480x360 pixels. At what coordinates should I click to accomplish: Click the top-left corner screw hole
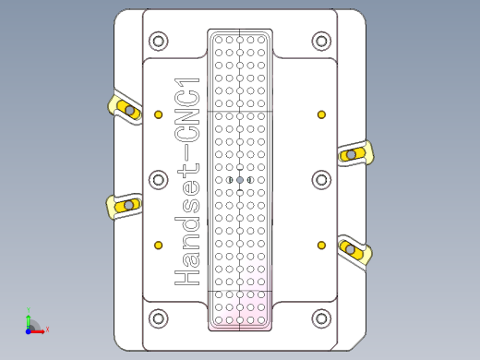coord(159,42)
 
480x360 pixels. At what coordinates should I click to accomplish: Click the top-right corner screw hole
coord(321,42)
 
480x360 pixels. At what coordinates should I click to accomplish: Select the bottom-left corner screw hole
coord(159,318)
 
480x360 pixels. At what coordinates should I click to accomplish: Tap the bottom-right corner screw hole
coord(321,318)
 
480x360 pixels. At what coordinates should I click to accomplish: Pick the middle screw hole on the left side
coord(159,180)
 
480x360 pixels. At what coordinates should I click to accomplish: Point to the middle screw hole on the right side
coord(321,180)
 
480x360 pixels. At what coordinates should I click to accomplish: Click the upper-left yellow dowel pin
coord(159,114)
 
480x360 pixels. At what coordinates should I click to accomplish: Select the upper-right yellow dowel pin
coord(321,114)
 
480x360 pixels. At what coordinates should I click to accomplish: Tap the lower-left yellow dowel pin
coord(159,245)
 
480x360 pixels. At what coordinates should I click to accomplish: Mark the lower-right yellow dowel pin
coord(321,245)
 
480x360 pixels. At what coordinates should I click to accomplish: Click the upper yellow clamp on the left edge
coord(126,110)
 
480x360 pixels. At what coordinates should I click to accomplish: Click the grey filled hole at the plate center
coord(240,180)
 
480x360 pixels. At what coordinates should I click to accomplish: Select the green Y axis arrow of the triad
coord(29,315)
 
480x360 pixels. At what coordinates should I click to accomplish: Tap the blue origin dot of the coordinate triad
coord(29,328)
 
